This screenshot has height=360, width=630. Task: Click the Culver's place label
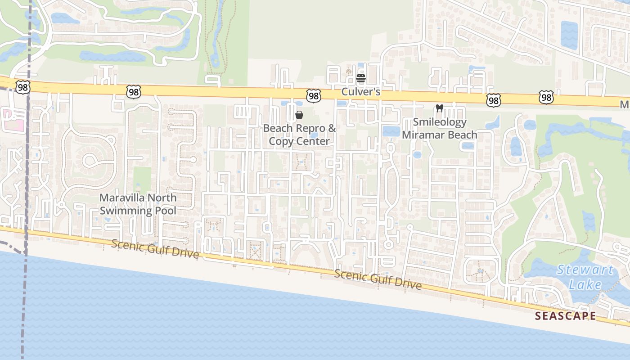click(361, 92)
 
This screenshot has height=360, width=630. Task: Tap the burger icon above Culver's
click(360, 79)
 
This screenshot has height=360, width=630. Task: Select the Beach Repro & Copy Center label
click(299, 135)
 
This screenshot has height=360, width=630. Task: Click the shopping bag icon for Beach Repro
click(299, 115)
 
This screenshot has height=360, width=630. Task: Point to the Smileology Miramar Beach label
click(439, 128)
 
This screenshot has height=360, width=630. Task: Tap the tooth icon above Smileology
click(440, 108)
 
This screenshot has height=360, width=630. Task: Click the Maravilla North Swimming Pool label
click(138, 204)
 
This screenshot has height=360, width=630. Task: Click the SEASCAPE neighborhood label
click(566, 316)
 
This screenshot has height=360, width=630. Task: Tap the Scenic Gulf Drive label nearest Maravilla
click(155, 248)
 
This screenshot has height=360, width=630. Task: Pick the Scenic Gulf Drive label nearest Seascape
click(378, 279)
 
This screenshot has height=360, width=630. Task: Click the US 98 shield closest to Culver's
click(314, 95)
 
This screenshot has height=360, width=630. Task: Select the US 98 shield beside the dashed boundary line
click(22, 87)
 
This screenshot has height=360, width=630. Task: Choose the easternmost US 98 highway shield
click(546, 97)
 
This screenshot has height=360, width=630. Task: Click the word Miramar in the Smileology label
click(421, 135)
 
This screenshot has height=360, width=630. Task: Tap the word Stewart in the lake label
click(585, 270)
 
